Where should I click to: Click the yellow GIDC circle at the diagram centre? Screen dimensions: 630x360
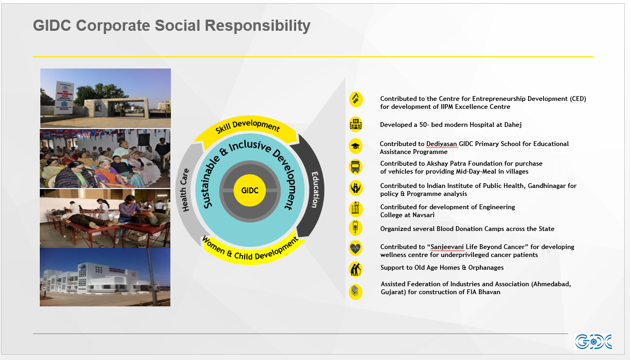pyautogui.click(x=249, y=191)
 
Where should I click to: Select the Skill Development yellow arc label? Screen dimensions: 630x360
pyautogui.click(x=247, y=126)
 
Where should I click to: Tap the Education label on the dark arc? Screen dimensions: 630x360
pyautogui.click(x=315, y=190)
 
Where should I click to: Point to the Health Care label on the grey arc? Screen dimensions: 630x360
pyautogui.click(x=184, y=190)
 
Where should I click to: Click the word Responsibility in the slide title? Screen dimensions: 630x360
pyautogui.click(x=257, y=25)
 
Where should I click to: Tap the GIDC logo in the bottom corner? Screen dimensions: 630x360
pyautogui.click(x=593, y=342)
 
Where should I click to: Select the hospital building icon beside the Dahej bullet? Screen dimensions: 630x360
pyautogui.click(x=356, y=124)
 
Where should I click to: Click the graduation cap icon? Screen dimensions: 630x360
pyautogui.click(x=356, y=146)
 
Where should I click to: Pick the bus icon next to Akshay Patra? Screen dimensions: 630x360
pyautogui.click(x=356, y=166)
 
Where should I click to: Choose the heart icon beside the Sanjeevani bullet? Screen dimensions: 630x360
pyautogui.click(x=356, y=248)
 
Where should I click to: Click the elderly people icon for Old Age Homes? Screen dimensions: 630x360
pyautogui.click(x=356, y=269)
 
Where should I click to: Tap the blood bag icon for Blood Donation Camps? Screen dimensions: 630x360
pyautogui.click(x=356, y=228)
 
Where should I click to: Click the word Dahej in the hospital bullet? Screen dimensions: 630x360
pyautogui.click(x=513, y=125)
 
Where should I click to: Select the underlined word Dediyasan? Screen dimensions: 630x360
pyautogui.click(x=442, y=144)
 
